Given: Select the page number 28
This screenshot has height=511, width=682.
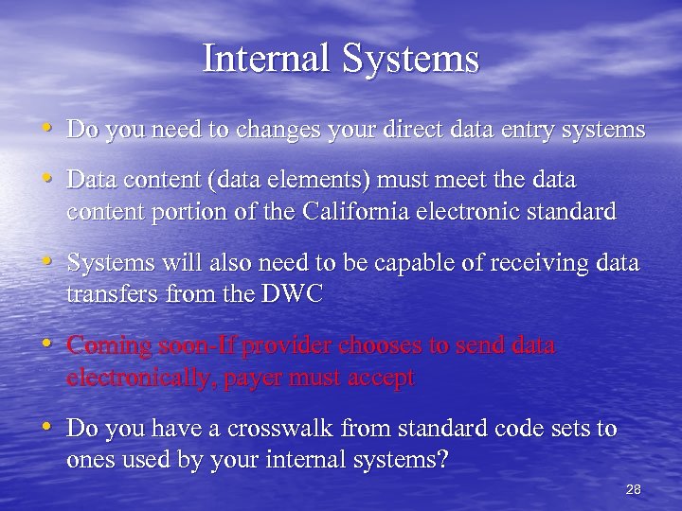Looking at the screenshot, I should pyautogui.click(x=634, y=489).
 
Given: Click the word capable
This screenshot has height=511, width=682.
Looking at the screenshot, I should pyautogui.click(x=378, y=263).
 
